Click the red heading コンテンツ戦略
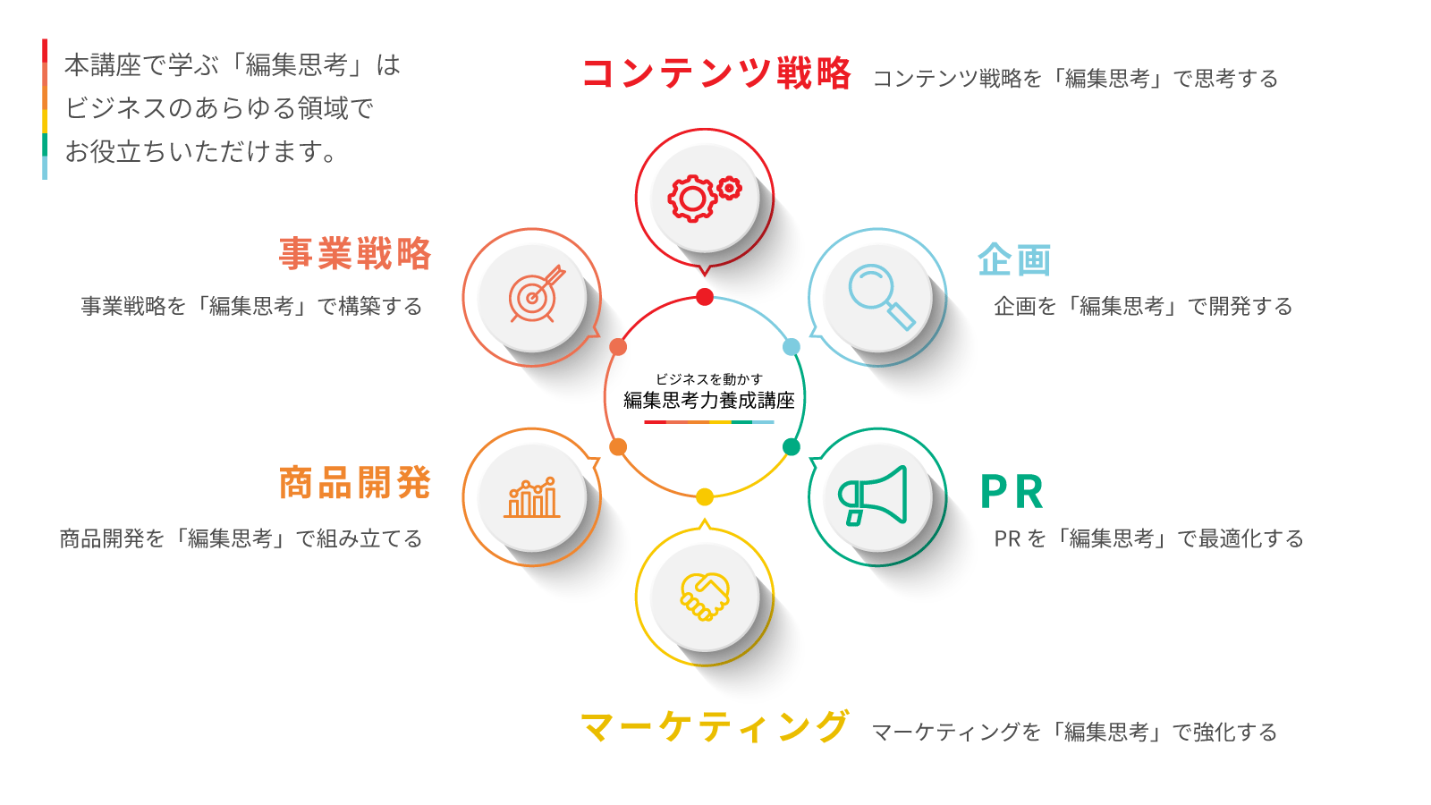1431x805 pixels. click(716, 72)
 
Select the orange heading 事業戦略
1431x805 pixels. click(355, 254)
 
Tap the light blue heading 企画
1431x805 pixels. click(1014, 259)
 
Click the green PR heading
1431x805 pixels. click(1012, 491)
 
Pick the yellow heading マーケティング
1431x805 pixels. click(715, 727)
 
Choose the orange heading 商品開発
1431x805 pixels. click(355, 482)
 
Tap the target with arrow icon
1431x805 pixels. click(537, 294)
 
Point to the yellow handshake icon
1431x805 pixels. click(705, 597)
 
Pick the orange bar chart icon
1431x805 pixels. click(531, 497)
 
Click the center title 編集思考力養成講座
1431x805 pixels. click(708, 401)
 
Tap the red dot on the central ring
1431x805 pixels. click(705, 297)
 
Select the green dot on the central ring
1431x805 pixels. click(792, 446)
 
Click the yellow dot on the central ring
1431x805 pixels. click(705, 496)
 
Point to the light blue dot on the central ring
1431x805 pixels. click(792, 347)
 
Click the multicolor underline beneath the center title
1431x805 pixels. click(709, 422)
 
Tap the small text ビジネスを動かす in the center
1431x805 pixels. click(709, 379)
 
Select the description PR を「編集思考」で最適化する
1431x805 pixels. click(1148, 538)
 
